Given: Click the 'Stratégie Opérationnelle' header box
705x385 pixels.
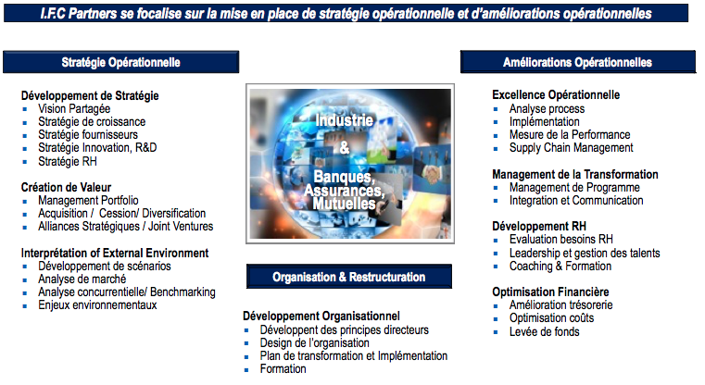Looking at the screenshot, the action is (x=121, y=62).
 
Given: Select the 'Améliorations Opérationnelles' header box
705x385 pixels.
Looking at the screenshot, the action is (x=578, y=62).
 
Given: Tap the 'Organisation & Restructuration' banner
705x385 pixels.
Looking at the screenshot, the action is (x=349, y=277).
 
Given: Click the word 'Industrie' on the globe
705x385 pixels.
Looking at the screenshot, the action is (x=345, y=120).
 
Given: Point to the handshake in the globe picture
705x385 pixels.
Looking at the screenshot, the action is (x=431, y=172).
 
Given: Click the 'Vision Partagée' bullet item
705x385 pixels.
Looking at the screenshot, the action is (x=74, y=108).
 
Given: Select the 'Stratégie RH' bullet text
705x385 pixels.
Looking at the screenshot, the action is (x=68, y=161).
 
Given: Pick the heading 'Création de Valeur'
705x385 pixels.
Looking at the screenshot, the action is (x=66, y=187).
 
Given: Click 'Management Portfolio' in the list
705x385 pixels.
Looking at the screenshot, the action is (x=88, y=200).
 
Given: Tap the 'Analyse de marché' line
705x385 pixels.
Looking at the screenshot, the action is (x=82, y=279).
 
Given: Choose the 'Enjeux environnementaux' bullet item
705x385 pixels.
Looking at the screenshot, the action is (x=97, y=305).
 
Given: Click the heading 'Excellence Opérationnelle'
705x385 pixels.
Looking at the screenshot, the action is (x=556, y=94).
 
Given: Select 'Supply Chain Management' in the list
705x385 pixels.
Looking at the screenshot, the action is (x=571, y=148).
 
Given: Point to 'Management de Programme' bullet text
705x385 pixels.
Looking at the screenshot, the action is (x=574, y=187).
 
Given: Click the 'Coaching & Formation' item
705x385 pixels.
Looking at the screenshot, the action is (x=560, y=266).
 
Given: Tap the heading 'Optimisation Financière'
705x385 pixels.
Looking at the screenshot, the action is (x=550, y=292).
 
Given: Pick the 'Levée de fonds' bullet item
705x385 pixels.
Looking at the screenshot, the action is (x=545, y=332).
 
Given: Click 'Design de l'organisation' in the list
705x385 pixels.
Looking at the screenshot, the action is (x=315, y=343).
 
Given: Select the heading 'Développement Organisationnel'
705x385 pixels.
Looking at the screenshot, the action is (x=321, y=317).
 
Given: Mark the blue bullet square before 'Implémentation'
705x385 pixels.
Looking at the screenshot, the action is (x=496, y=122).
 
